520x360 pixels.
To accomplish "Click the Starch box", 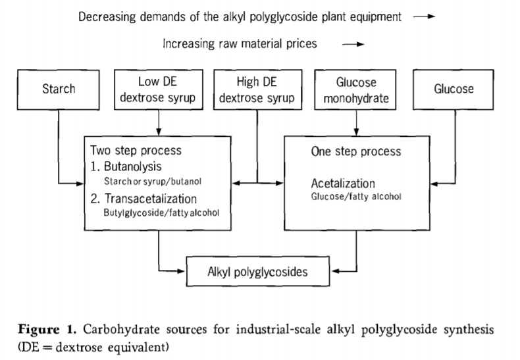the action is coord(59,90).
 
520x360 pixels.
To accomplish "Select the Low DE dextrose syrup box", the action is coord(159,90).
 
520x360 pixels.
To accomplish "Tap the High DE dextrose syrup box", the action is coord(257,90).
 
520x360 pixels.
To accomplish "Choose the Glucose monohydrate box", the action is coord(355,90).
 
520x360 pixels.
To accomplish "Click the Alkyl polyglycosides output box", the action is coord(258,271).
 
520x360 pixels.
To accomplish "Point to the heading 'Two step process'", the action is coord(136,151).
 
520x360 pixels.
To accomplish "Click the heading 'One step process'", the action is coord(356,151).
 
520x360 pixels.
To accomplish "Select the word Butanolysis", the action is coord(133,167).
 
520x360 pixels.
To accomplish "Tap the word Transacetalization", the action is coord(151,199).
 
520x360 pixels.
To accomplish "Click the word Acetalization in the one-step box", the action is coord(343,184).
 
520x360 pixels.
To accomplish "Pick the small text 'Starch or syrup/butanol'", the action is coord(153,182).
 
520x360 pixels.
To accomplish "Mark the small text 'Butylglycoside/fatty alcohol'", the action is coord(161,213).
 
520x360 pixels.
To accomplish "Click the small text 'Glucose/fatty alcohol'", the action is coord(356,197).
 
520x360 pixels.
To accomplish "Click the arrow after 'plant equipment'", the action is coord(424,16).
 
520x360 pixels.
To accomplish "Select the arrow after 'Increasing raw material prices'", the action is coord(353,44).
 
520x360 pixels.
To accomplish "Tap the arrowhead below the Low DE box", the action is coord(159,132).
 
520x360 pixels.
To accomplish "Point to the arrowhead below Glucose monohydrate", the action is coord(356,132).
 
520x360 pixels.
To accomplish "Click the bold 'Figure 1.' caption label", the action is coord(47,330).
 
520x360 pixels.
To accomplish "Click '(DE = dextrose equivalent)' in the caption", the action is coord(93,347).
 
